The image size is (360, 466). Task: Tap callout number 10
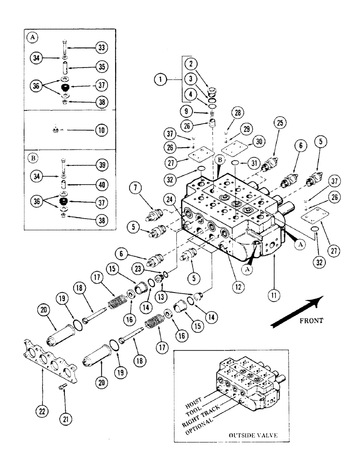click(101, 130)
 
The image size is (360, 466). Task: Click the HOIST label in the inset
click(194, 393)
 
